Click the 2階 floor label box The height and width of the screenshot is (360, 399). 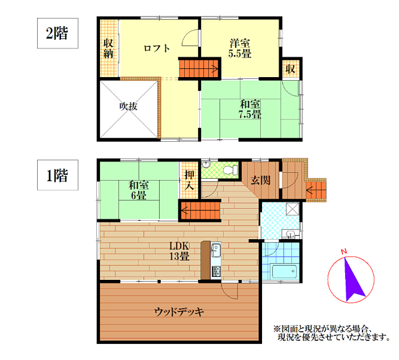pos(57,33)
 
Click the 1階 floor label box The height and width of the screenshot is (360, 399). pos(57,175)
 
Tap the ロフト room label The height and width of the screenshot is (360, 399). pos(157,48)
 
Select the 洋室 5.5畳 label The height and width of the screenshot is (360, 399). pos(240,48)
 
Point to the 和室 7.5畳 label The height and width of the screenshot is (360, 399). pos(250,109)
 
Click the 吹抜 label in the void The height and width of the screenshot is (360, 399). pos(129,106)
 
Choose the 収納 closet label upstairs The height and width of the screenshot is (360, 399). pos(108,48)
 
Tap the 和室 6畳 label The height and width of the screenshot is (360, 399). pos(139,190)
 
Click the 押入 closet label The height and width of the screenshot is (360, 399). pos(189,180)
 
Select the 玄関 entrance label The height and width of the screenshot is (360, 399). pos(261,180)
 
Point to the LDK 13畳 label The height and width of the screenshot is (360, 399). pos(179,251)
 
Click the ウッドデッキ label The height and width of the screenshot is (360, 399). pos(179,312)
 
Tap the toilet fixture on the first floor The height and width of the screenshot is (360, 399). pos(230,170)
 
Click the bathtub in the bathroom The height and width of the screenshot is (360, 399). pos(284,271)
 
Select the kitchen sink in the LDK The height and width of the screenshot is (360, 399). pos(216,250)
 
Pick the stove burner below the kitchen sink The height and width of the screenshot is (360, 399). pos(217,271)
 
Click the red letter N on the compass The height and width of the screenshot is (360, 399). pos(344,252)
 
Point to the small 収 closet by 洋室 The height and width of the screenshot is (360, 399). pos(290,69)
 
